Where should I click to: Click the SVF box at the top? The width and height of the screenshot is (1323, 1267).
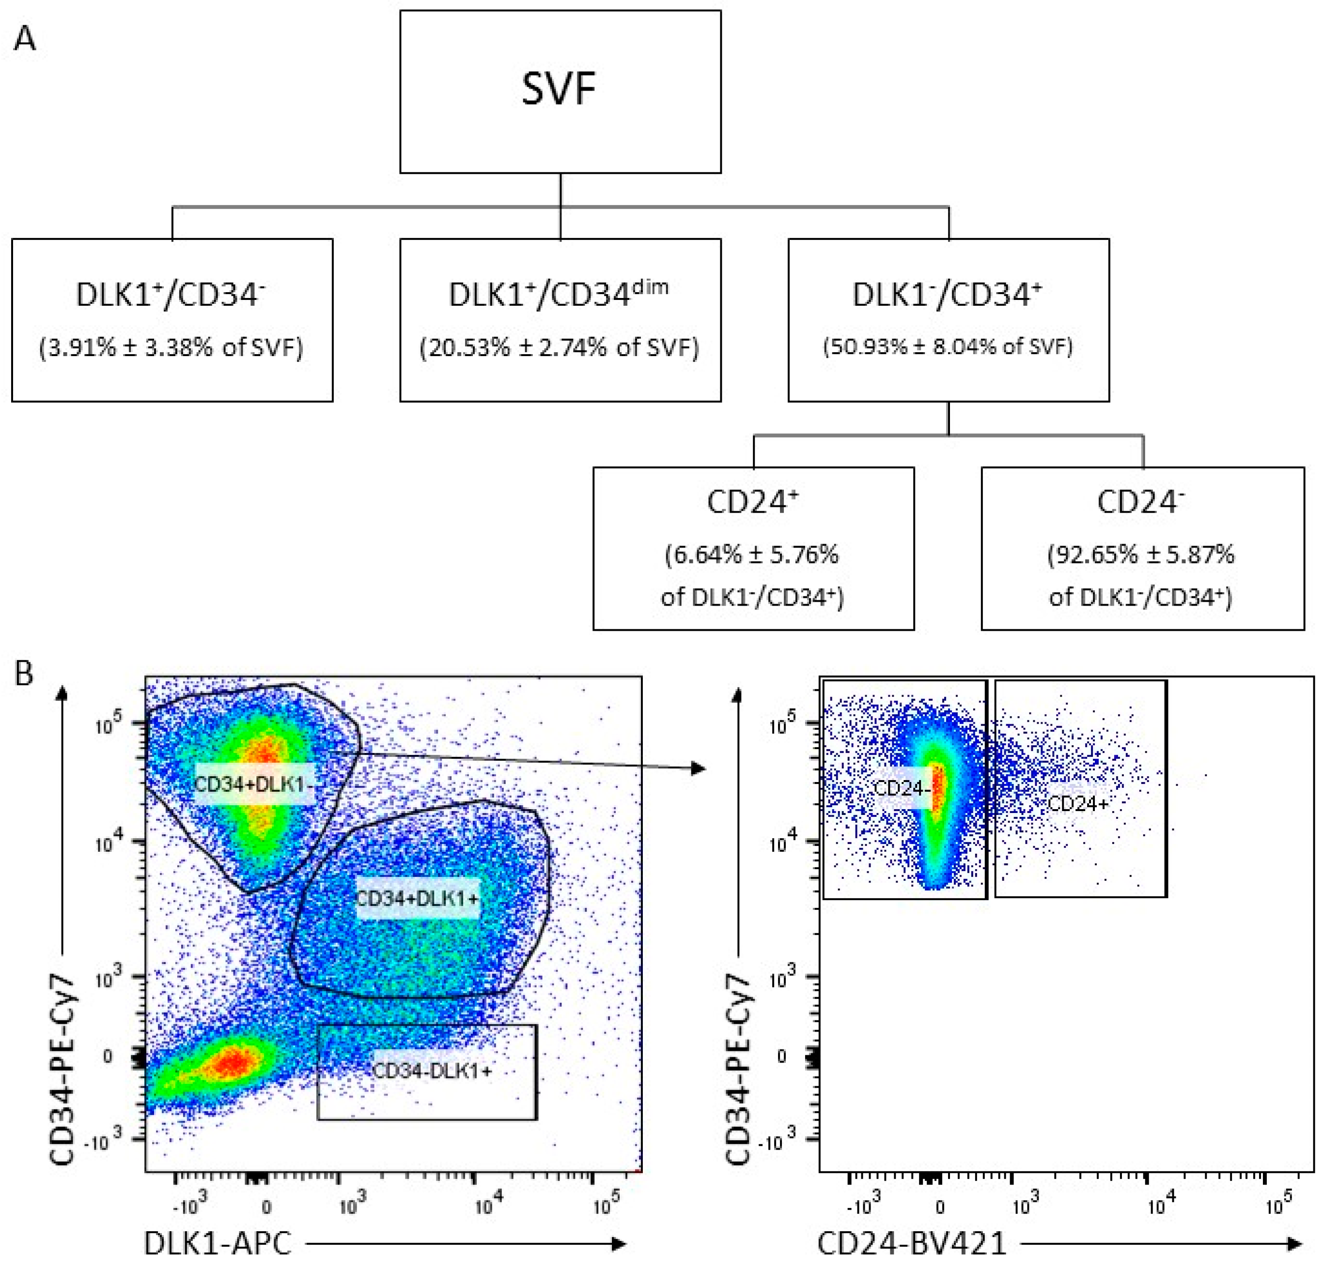pyautogui.click(x=560, y=91)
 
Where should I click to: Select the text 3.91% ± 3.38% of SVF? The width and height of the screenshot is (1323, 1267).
pyautogui.click(x=171, y=347)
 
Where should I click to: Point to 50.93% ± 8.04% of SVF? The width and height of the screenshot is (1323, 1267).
pyautogui.click(x=948, y=346)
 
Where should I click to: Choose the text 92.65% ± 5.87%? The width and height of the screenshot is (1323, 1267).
pyautogui.click(x=1141, y=555)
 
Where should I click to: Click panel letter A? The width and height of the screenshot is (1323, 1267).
pyautogui.click(x=25, y=38)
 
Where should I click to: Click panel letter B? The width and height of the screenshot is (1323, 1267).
pyautogui.click(x=24, y=673)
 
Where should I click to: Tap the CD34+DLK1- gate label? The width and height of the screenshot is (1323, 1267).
pyautogui.click(x=254, y=783)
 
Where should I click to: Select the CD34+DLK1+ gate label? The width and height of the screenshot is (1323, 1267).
pyautogui.click(x=417, y=898)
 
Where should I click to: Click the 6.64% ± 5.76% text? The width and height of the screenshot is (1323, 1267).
pyautogui.click(x=752, y=555)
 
